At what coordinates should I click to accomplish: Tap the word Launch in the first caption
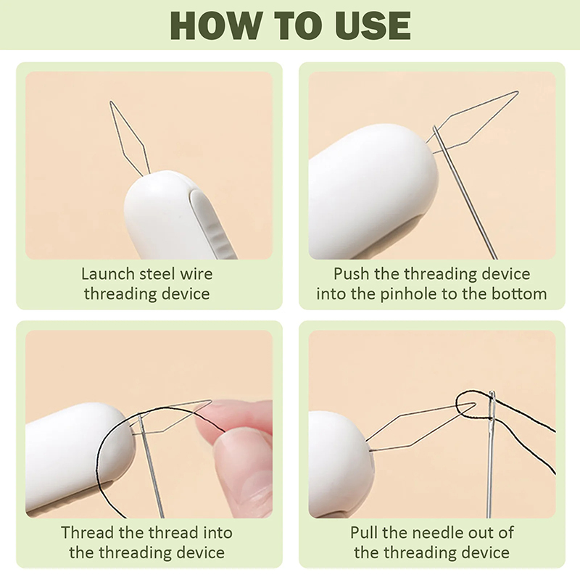[x=108, y=274]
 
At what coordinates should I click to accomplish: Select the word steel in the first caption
[x=157, y=274]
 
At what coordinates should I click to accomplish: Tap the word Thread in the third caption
[x=88, y=533]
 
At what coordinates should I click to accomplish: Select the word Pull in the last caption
[x=364, y=533]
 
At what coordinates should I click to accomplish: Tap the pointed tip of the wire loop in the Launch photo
[x=111, y=101]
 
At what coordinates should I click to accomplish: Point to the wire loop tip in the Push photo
[x=518, y=92]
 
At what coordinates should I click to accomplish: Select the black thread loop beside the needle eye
[x=468, y=405]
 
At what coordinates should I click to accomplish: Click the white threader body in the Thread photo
[x=78, y=459]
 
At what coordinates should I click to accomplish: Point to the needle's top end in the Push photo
[x=435, y=128]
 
